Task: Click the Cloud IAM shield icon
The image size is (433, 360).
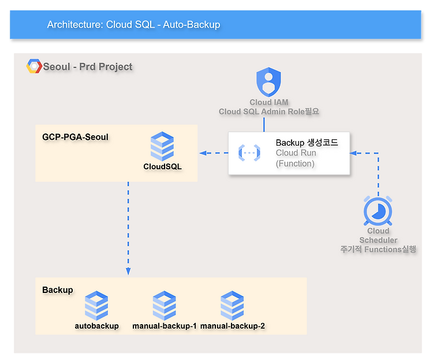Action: tap(268, 82)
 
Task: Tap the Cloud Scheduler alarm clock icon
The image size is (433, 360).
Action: tap(378, 211)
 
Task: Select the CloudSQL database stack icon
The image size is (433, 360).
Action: tap(162, 146)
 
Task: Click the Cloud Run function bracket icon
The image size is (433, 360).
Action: tap(249, 153)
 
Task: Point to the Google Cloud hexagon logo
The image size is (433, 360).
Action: tap(34, 66)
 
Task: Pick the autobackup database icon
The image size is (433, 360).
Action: tap(96, 306)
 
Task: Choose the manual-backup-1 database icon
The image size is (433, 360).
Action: tap(165, 306)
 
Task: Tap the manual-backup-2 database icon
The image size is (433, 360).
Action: tap(232, 306)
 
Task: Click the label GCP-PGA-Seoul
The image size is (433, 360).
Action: tap(75, 137)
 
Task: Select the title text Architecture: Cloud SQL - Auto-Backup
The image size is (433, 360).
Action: tap(134, 25)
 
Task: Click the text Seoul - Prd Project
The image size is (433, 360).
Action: tap(88, 66)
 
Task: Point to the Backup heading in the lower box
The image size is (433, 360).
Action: tap(58, 290)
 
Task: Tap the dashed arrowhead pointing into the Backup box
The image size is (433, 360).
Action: tap(128, 271)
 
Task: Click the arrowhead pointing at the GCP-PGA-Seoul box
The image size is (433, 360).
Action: tap(203, 153)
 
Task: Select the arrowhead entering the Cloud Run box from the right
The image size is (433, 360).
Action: tap(353, 153)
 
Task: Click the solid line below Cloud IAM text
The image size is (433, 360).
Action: tap(264, 124)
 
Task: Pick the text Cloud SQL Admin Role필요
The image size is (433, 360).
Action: tap(269, 112)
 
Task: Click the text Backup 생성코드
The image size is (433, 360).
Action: tap(307, 143)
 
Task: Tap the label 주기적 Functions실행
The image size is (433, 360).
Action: tap(378, 249)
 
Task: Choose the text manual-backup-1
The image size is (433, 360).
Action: tap(165, 326)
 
